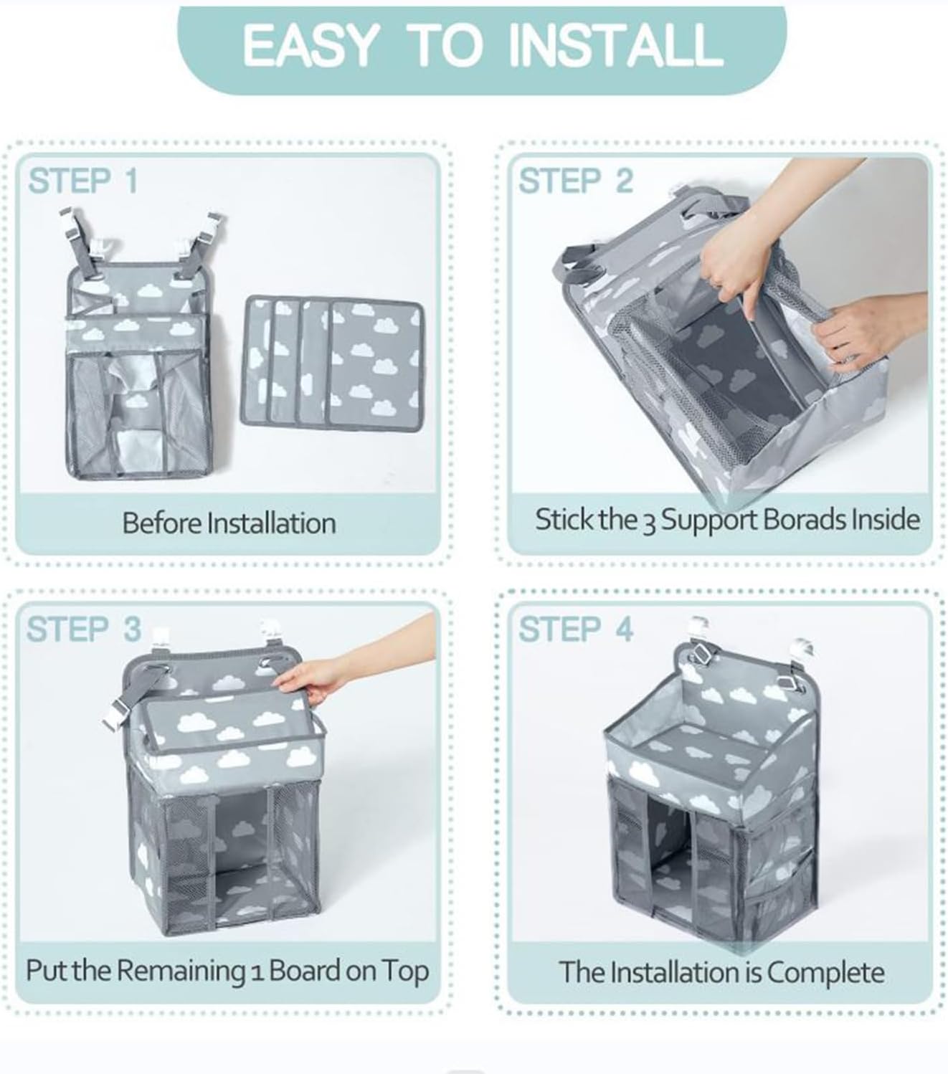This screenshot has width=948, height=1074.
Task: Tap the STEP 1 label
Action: coord(82,181)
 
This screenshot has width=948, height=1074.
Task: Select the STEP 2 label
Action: coord(576,181)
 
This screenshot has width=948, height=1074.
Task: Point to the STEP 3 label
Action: coord(83,629)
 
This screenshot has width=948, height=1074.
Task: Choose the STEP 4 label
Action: coord(576,629)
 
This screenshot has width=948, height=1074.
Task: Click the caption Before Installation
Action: coord(229,523)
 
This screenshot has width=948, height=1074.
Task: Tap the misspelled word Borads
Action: coord(801,519)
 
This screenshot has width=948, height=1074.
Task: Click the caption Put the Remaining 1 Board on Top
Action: coord(227,971)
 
